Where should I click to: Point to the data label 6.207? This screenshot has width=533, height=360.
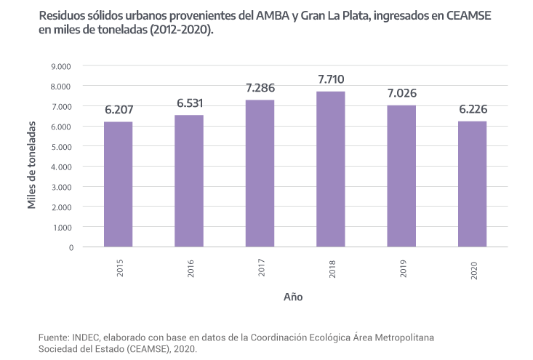click(x=119, y=111)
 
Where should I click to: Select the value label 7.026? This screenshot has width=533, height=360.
click(x=401, y=94)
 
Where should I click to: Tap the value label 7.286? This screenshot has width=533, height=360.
click(x=260, y=88)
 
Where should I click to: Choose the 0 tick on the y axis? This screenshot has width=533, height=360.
click(x=70, y=247)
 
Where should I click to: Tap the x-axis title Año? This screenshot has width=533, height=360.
click(x=294, y=297)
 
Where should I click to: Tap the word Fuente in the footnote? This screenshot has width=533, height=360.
click(x=53, y=338)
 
